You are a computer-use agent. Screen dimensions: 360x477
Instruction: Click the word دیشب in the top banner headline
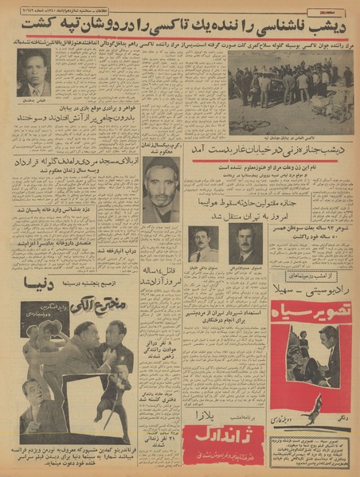(335, 25)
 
